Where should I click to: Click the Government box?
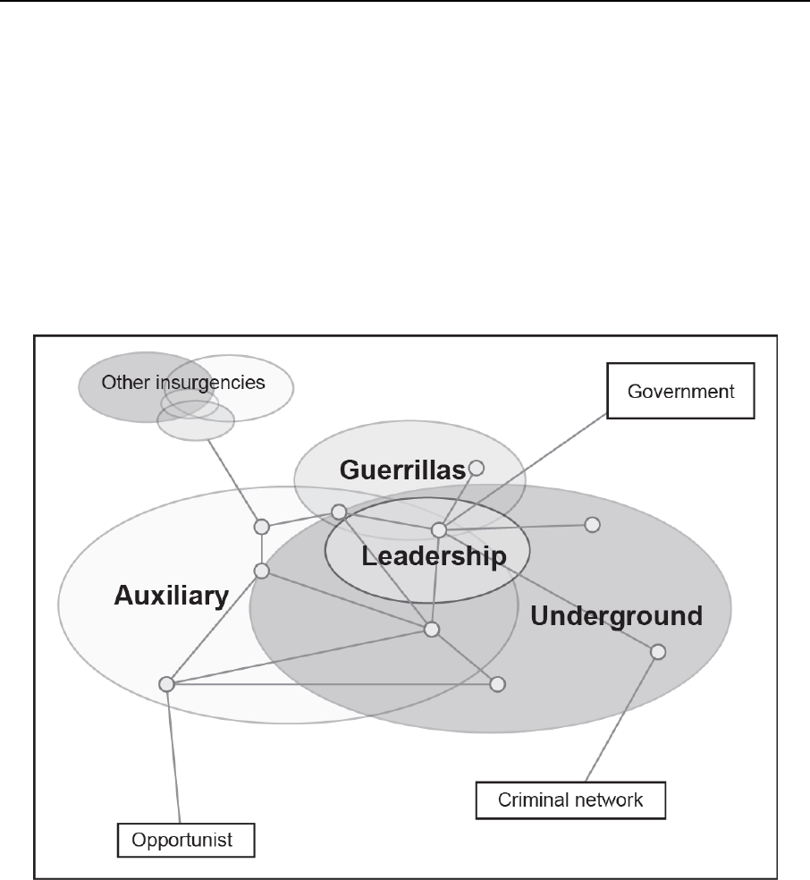680,391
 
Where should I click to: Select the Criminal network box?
570,800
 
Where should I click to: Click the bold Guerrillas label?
402,470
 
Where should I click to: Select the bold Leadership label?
434,556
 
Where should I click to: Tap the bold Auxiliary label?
171,596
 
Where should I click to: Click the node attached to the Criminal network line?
658,652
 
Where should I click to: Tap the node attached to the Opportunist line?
166,684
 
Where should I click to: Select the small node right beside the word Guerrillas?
477,467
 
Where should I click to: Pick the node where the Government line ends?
439,530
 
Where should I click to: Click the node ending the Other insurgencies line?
261,526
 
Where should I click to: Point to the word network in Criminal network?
608,800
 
